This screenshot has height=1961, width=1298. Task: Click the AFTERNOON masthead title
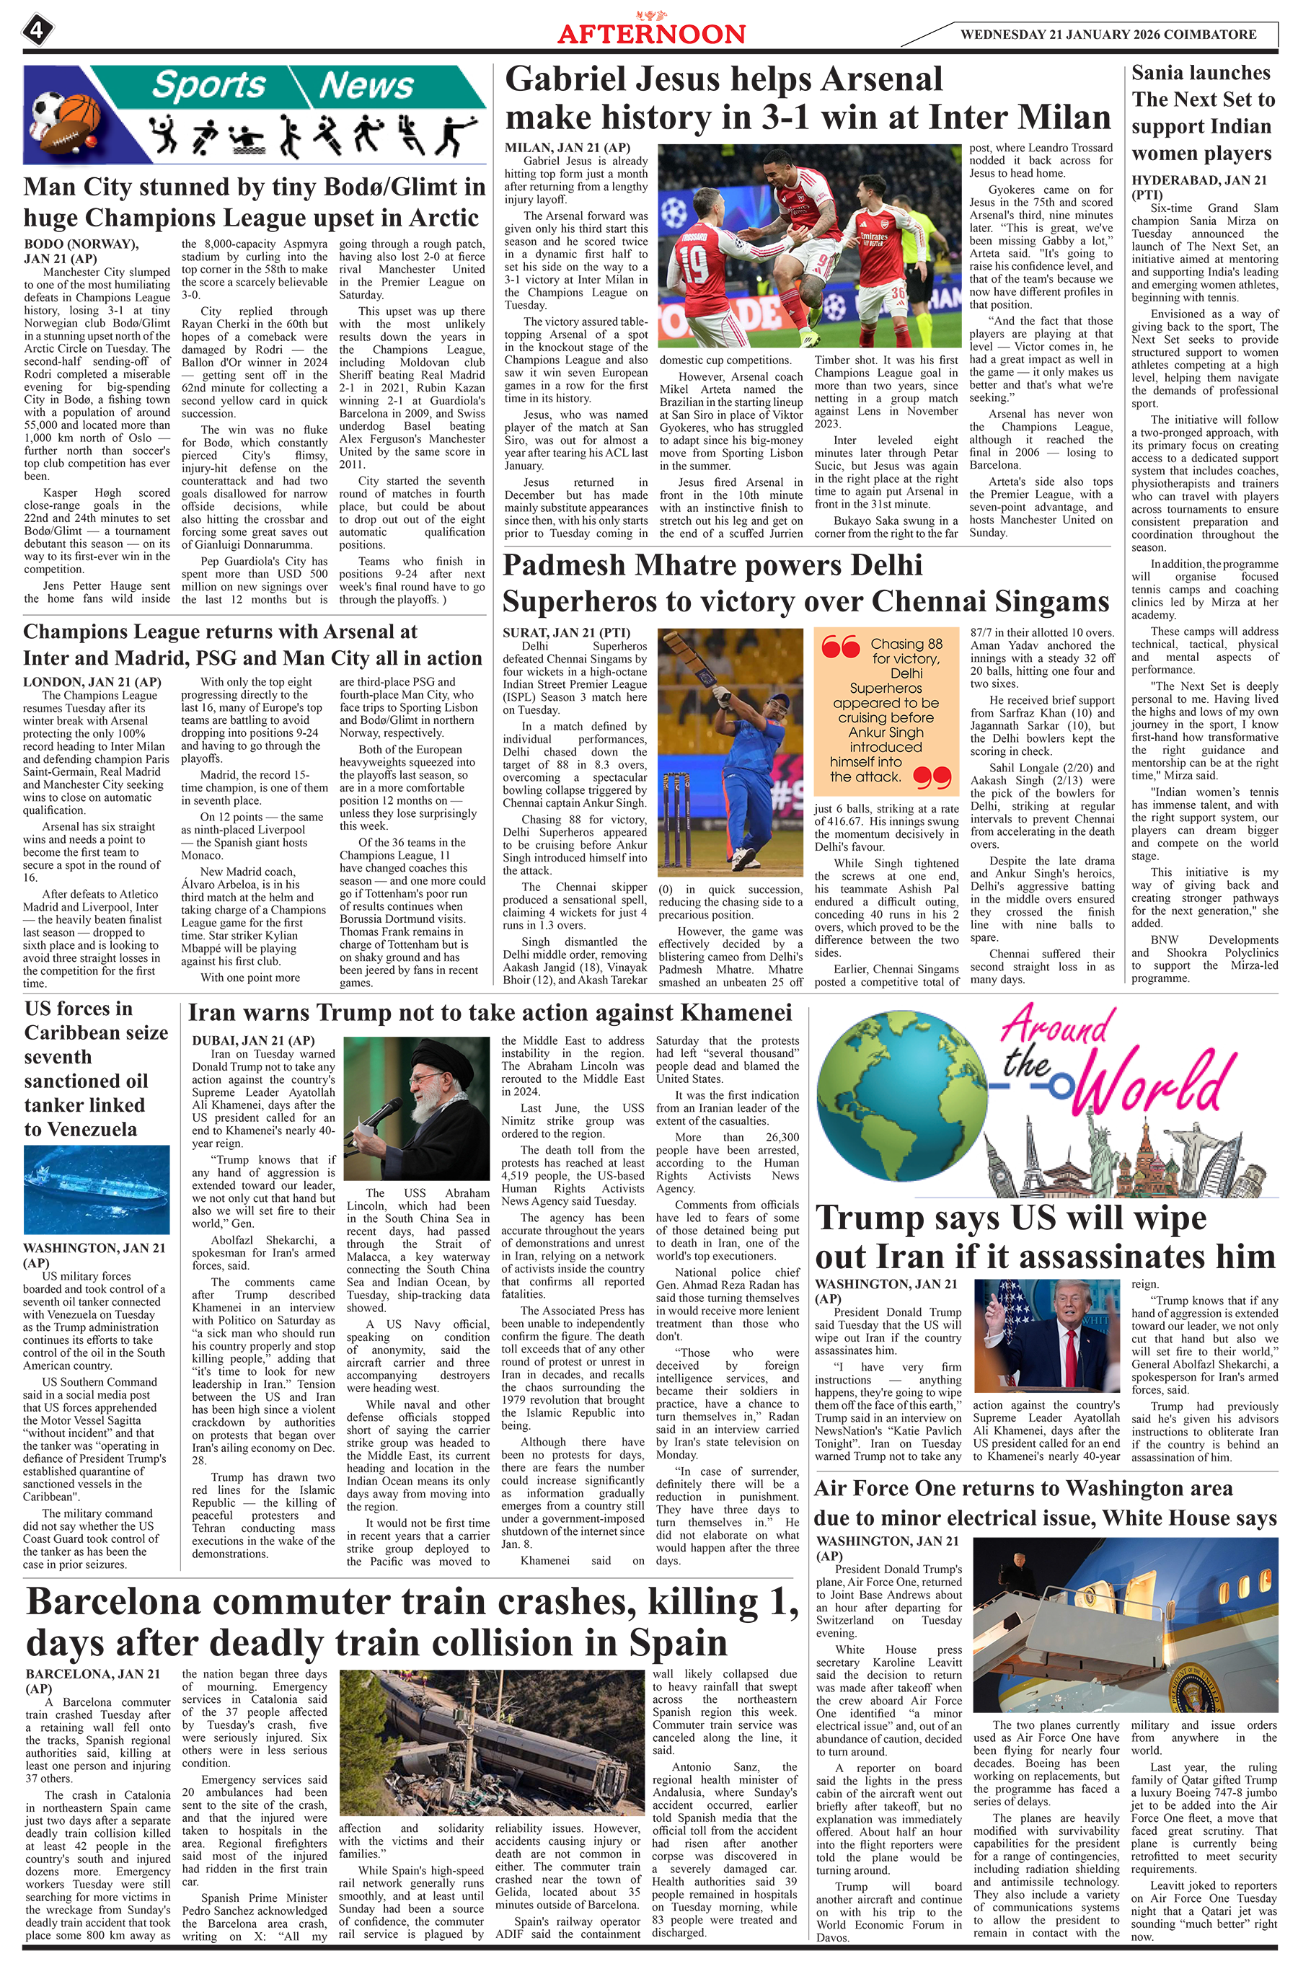coord(650,34)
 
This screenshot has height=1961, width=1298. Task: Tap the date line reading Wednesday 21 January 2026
coord(1108,35)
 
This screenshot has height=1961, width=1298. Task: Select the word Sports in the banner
coord(208,85)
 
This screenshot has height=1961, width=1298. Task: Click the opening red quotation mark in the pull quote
coord(840,647)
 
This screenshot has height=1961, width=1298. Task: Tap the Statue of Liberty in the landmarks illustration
coord(1098,1142)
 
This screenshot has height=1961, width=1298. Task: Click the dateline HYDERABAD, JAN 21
coord(1198,180)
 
